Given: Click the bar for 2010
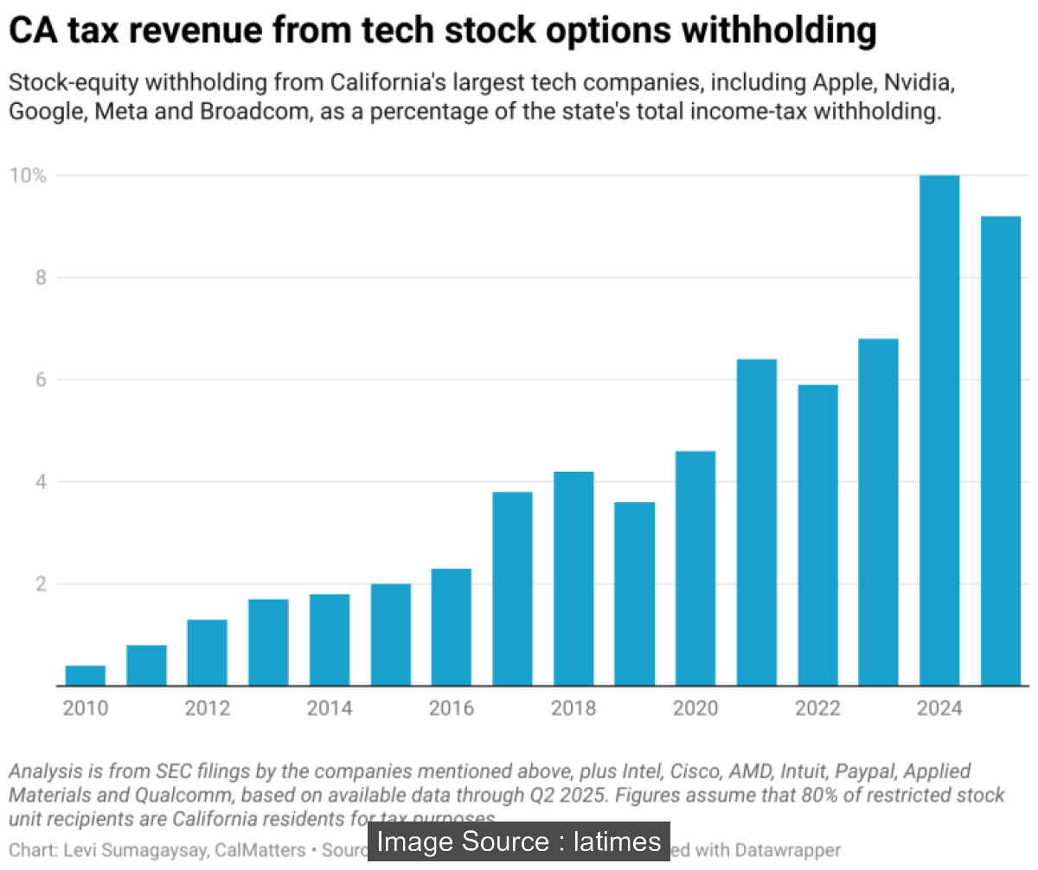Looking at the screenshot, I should click(86, 675).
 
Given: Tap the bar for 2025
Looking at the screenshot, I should click(1000, 450).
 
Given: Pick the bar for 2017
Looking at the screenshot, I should click(512, 589).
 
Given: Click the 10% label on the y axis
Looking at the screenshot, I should click(27, 176).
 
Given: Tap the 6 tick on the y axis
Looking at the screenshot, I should click(39, 379).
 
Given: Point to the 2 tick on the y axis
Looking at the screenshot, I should click(39, 583).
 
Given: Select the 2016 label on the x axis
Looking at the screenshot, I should click(452, 709).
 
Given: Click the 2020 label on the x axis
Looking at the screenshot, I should click(695, 709).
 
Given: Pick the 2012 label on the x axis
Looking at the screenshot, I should click(208, 709).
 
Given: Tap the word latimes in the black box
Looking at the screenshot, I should click(617, 841).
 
